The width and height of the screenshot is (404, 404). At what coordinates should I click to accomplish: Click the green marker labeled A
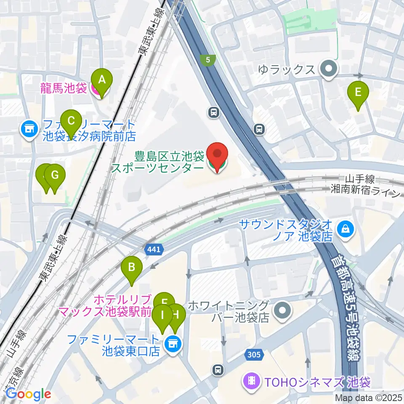click(101, 80)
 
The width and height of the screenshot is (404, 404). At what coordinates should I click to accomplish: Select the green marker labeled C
click(71, 122)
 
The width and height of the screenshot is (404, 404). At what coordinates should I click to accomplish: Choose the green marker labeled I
click(161, 315)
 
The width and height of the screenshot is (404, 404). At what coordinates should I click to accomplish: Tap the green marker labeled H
click(176, 314)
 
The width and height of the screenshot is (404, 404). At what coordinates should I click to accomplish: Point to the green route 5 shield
click(208, 60)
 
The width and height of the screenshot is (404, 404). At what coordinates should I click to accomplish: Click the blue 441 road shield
click(154, 250)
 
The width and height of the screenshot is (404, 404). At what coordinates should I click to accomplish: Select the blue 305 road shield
click(254, 355)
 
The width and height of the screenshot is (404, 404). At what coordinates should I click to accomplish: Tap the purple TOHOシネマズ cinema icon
click(251, 382)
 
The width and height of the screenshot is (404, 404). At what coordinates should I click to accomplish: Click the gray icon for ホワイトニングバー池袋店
click(282, 311)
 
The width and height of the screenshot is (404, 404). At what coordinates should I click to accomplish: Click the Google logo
click(28, 394)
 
